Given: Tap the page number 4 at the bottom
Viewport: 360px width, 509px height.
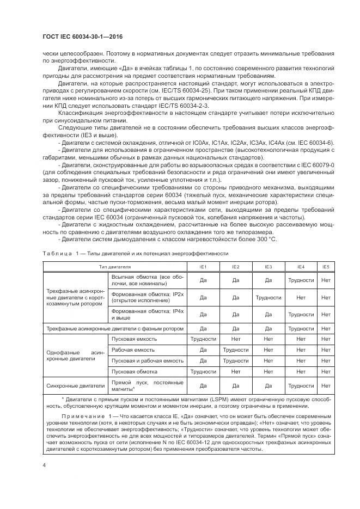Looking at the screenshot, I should (44, 465).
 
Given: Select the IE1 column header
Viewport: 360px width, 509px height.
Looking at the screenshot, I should (203, 267).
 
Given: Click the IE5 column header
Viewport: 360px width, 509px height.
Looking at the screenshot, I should (326, 267).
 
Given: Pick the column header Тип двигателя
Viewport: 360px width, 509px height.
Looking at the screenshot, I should (114, 267).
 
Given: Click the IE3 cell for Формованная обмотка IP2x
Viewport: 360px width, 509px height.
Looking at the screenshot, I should (268, 298).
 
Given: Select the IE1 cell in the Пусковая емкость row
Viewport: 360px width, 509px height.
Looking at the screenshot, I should (203, 338).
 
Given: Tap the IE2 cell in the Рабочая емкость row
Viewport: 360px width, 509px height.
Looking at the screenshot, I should (235, 349).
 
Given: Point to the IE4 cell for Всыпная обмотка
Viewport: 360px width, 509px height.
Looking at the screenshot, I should (301, 280).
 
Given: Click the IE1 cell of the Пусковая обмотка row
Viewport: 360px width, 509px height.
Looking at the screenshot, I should (203, 372).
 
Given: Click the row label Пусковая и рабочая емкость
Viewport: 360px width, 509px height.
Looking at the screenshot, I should (147, 360).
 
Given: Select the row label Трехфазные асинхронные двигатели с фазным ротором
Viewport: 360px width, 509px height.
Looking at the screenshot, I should (114, 328).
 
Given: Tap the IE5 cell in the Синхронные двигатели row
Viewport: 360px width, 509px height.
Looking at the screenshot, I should (326, 385).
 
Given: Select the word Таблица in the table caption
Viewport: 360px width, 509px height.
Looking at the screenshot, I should (55, 254).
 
